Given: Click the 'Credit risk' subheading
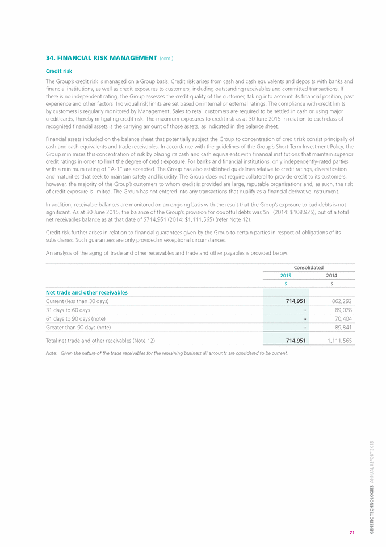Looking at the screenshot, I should (58, 71).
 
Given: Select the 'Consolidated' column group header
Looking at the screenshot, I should (308, 267).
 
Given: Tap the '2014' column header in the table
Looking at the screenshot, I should (332, 275).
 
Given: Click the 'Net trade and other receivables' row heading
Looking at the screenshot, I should (86, 292).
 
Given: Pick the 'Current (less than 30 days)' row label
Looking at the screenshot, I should (77, 301).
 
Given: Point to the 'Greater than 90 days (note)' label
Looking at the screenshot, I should (78, 328).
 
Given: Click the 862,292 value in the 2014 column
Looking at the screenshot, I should (339, 301).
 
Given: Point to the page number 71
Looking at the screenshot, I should (352, 532).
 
